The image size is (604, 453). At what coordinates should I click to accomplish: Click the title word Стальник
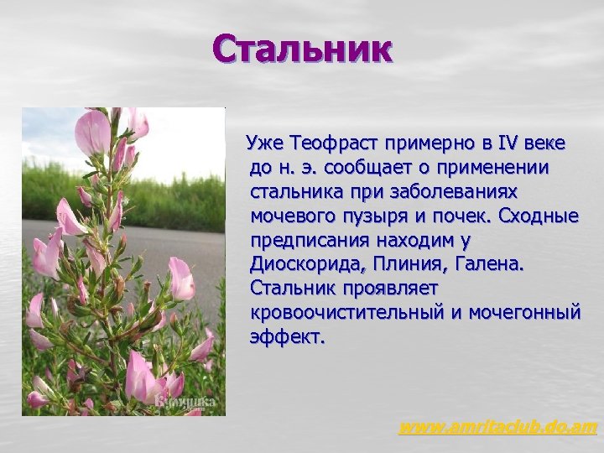pyautogui.click(x=302, y=48)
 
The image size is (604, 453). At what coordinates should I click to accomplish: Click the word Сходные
pyautogui.click(x=538, y=216)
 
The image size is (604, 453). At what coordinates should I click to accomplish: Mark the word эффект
pyautogui.click(x=286, y=337)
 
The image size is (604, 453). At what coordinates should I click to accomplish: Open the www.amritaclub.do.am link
pyautogui.click(x=497, y=428)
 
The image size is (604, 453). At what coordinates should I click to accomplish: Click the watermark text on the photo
pyautogui.click(x=185, y=402)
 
